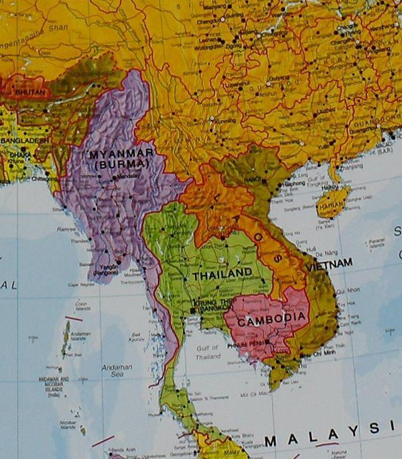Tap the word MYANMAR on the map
pyautogui.click(x=121, y=154)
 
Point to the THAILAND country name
pyautogui.click(x=222, y=274)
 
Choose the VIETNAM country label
pyautogui.click(x=329, y=264)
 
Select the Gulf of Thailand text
pyautogui.click(x=208, y=352)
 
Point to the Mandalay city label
pyautogui.click(x=127, y=176)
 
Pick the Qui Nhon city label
pyautogui.click(x=347, y=291)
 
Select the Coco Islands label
pyautogui.click(x=83, y=307)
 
